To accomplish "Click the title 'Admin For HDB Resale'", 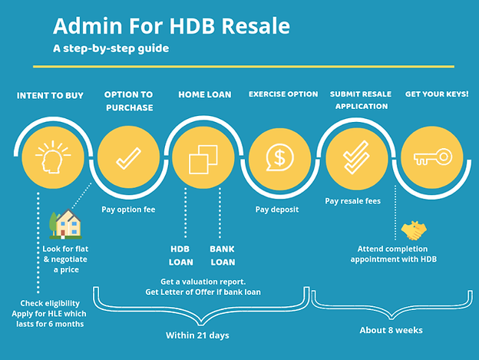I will click(x=171, y=26).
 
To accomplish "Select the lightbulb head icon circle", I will click(x=52, y=159).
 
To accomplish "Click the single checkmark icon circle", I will click(x=125, y=159).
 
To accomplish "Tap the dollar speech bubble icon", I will click(x=277, y=159).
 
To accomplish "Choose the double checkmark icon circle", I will click(x=352, y=159).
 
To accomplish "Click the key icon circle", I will click(x=428, y=159).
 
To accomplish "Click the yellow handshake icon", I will click(x=415, y=230).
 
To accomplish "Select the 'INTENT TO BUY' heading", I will click(x=51, y=96).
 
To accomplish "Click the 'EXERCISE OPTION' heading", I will click(x=283, y=94).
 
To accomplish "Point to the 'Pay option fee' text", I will click(x=130, y=209).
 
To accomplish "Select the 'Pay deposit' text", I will click(x=277, y=209).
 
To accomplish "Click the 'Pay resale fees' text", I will click(x=353, y=201).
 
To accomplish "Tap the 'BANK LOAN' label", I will click(x=223, y=256).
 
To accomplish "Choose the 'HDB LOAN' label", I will click(x=181, y=256).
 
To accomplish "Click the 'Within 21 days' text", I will click(x=197, y=335).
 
